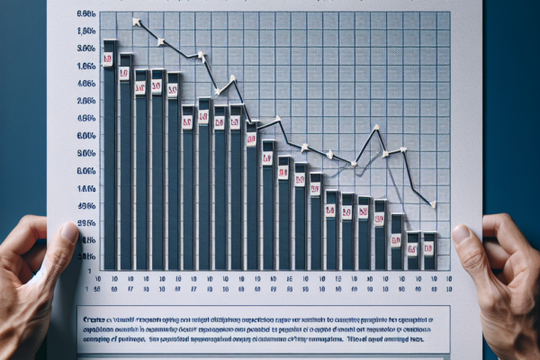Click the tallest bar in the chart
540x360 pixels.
(x=110, y=153)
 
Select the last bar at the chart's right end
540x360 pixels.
(x=429, y=251)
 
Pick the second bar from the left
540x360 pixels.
(x=125, y=162)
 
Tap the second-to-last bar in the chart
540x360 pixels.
(x=412, y=251)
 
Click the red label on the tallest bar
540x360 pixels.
(x=109, y=59)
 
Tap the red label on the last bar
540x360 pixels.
(x=429, y=247)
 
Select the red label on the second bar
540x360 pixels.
(x=125, y=73)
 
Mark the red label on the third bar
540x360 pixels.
(x=140, y=89)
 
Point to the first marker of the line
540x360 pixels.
(x=135, y=21)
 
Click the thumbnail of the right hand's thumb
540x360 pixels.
(x=462, y=236)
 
